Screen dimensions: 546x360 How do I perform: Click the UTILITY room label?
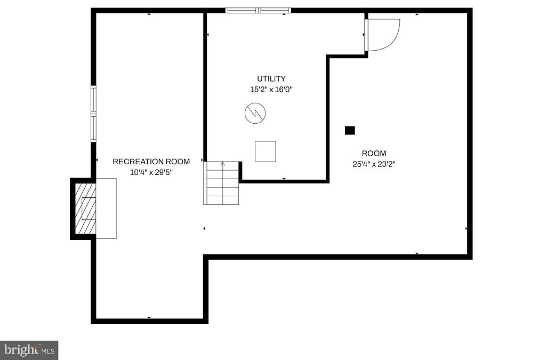point(271,79)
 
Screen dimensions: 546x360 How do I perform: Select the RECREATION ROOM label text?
point(151,162)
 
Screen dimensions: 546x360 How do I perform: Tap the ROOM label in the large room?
point(374,153)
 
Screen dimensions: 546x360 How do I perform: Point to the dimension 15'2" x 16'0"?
point(271,90)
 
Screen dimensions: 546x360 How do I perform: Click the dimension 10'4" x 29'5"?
point(151,172)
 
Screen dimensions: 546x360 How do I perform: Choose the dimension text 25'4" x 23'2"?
point(374,164)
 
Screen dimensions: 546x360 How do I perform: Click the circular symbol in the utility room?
point(255,113)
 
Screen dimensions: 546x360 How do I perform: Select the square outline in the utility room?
point(266,151)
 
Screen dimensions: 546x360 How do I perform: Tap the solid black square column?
point(350,131)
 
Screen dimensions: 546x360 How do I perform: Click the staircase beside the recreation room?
point(221,183)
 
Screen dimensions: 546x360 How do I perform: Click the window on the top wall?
point(258,11)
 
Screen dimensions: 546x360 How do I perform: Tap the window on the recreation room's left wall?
point(93,114)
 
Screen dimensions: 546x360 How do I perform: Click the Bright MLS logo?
point(29,350)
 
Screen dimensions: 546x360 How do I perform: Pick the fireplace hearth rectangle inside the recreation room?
point(106,209)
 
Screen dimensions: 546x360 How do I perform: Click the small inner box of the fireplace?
point(89,209)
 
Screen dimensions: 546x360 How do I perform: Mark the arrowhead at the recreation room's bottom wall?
point(149,318)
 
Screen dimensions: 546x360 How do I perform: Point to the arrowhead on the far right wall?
point(466,229)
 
